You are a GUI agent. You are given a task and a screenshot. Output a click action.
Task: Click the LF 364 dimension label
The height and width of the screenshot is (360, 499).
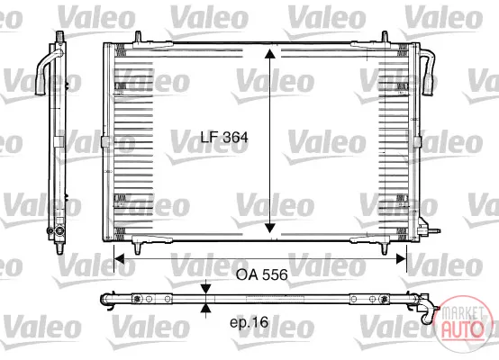(x=224, y=137)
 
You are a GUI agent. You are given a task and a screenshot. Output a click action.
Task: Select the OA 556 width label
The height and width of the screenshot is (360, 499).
(x=261, y=274)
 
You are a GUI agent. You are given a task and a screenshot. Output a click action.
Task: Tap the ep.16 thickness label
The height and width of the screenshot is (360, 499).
(x=249, y=323)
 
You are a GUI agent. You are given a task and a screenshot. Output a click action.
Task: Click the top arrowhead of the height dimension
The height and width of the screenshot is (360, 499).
(x=270, y=54)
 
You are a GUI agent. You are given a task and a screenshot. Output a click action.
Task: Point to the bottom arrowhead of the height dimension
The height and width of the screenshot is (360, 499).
(x=270, y=228)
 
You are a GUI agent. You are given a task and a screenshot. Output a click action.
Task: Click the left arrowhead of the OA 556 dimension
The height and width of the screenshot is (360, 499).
(x=119, y=259)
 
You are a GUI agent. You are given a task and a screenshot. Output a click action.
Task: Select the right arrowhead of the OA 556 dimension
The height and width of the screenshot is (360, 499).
(x=401, y=259)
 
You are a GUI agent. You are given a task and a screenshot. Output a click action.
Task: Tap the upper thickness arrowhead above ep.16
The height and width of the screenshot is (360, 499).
(x=206, y=289)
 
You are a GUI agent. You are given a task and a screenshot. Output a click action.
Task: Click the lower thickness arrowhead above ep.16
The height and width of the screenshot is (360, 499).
(x=206, y=308)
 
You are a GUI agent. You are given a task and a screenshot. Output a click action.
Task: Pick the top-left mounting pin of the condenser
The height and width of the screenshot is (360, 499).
(x=138, y=37)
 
